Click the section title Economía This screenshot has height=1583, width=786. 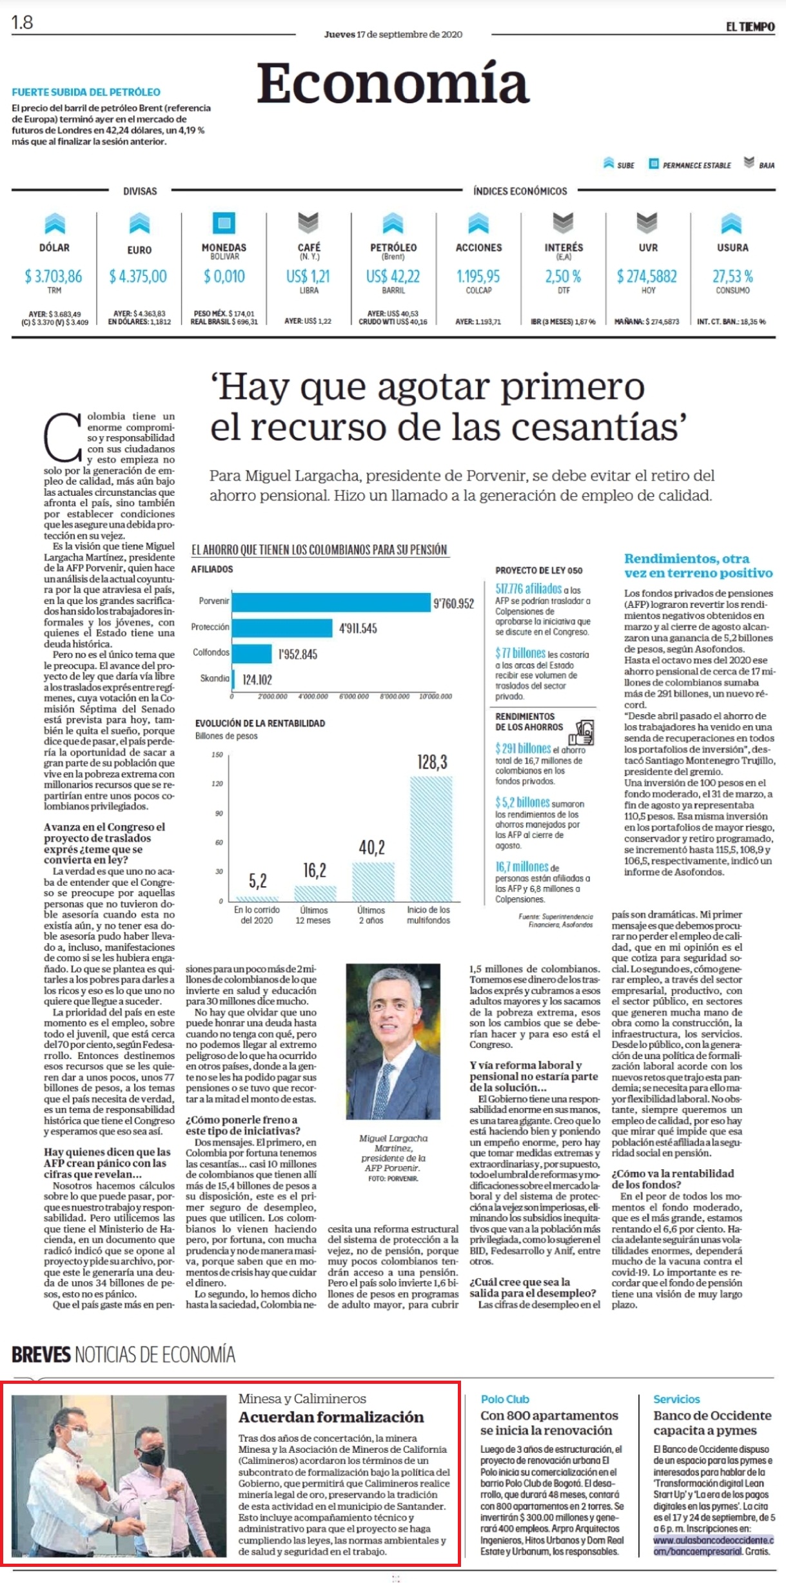tap(393, 84)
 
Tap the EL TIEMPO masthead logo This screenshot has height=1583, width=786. tap(750, 26)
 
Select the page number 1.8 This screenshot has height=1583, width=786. tap(22, 23)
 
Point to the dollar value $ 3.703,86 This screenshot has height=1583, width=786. tap(54, 277)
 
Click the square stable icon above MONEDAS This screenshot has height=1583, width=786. tap(224, 223)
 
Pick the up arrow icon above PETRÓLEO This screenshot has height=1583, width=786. tap(393, 223)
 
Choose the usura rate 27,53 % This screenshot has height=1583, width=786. tap(732, 277)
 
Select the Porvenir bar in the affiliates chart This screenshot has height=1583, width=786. tap(331, 602)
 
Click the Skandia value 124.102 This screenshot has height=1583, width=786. tap(257, 679)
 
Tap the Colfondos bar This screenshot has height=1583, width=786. tap(252, 654)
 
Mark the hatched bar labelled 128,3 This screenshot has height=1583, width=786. tap(431, 839)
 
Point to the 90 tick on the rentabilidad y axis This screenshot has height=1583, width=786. tap(219, 813)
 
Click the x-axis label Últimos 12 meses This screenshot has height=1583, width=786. tap(313, 915)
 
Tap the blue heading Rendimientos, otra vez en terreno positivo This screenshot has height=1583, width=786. tap(698, 566)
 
